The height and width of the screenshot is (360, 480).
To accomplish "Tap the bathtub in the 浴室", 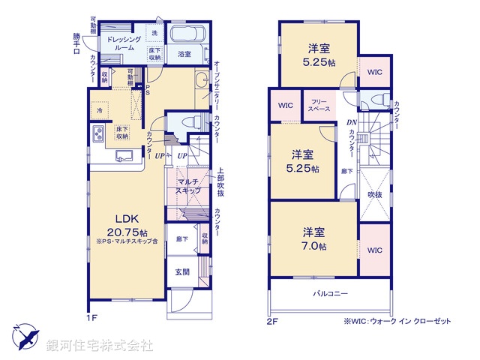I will coord(184,35).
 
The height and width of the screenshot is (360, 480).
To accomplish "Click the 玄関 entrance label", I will coord(183,272).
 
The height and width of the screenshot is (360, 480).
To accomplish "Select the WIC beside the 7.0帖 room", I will coord(373,249).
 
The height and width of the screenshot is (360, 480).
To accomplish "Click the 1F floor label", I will coord(91,318).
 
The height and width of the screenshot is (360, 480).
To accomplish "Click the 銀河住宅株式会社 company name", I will coord(99,346).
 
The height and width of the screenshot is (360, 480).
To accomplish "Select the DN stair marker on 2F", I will coord(350,124).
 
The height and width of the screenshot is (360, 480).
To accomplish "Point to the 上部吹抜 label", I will coord(220,183).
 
